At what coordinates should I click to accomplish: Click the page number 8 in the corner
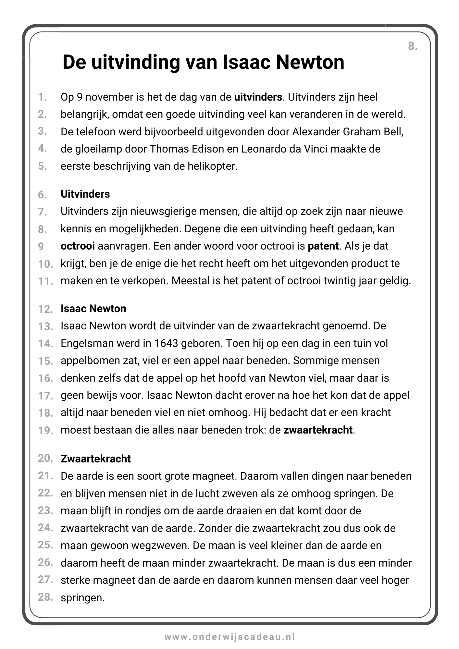[412, 46]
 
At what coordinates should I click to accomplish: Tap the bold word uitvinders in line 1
[258, 97]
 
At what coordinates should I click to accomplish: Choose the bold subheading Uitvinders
[85, 194]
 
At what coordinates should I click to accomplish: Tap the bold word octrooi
[78, 246]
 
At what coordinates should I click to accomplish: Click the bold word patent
[323, 246]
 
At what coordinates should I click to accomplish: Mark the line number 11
[45, 281]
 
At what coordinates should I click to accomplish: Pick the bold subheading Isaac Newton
[93, 308]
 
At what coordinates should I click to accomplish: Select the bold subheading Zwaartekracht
[95, 459]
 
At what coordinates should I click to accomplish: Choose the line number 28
[45, 597]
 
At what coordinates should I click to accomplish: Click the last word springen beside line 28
[82, 598]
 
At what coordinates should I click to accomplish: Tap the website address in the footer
[229, 637]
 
